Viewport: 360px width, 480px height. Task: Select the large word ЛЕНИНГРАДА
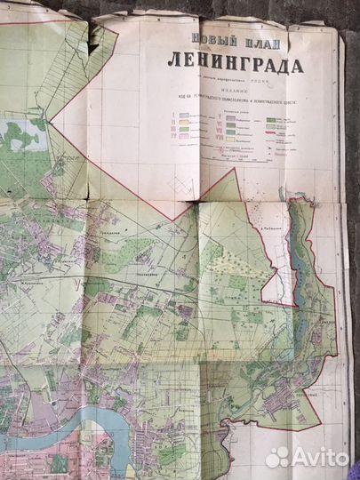(x=233, y=65)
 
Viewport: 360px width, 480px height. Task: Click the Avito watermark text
(x=319, y=457)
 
